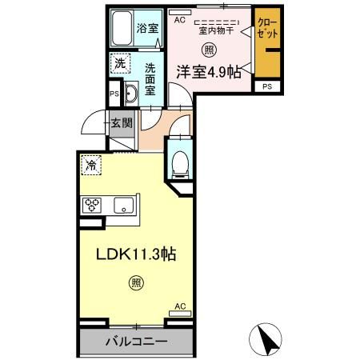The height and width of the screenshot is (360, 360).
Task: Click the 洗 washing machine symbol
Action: tap(119, 63)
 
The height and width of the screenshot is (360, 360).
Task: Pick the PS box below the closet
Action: tap(266, 86)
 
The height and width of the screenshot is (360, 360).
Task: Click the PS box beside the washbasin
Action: tap(113, 94)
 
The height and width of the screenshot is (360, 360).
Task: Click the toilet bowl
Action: tap(180, 164)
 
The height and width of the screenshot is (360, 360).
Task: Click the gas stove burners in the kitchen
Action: tap(91, 202)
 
